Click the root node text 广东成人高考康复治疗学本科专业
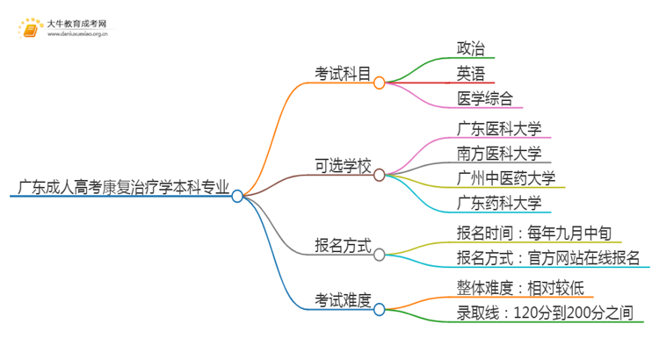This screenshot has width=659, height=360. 123,187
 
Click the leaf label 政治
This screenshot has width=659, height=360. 471,47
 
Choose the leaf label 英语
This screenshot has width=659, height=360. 471,73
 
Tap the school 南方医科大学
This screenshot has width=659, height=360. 499,154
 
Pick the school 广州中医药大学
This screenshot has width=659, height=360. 506,179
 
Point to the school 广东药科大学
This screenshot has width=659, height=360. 499,204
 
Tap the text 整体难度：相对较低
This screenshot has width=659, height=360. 518,287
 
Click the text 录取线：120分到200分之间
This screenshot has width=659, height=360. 545,312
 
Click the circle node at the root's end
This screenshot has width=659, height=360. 237,197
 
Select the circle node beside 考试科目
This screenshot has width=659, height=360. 380,83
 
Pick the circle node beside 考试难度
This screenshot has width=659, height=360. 380,309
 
